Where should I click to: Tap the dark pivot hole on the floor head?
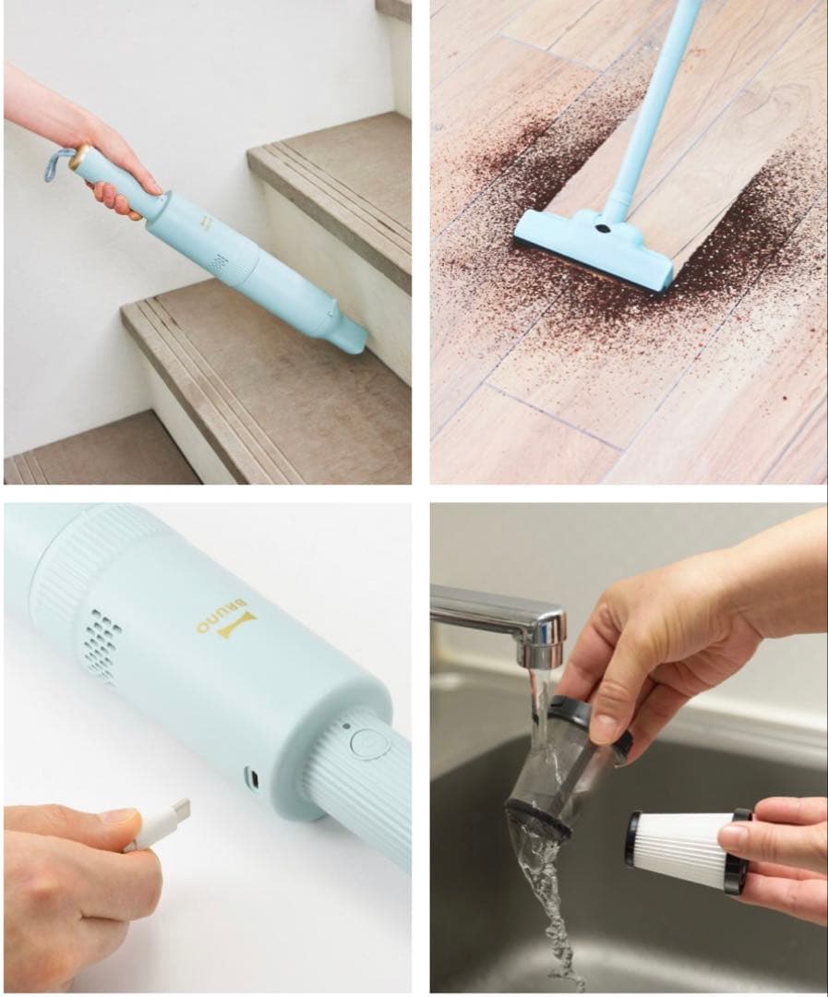[x=601, y=225]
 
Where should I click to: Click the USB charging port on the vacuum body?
[x=253, y=777]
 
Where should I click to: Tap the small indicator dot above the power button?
[x=346, y=727]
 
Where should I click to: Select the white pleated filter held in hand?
[x=688, y=849]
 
